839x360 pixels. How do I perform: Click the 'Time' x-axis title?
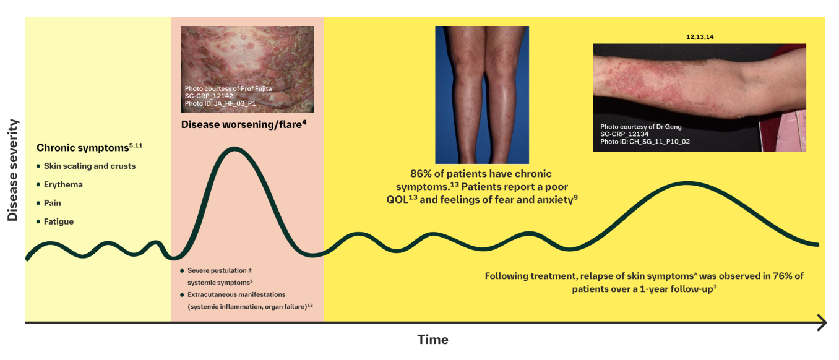click(x=432, y=340)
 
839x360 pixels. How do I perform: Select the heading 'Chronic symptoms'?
click(x=77, y=148)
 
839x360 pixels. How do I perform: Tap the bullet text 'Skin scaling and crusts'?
click(x=89, y=166)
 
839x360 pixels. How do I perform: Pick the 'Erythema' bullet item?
click(x=62, y=184)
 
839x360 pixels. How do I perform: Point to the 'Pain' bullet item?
click(x=52, y=203)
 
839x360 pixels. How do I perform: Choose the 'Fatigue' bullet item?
click(x=58, y=221)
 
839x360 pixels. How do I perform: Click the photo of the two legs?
click(x=482, y=95)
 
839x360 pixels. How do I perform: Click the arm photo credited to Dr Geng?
click(x=699, y=97)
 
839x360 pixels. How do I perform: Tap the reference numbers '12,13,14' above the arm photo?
click(x=700, y=37)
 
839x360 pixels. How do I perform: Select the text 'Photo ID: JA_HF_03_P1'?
click(x=220, y=103)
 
